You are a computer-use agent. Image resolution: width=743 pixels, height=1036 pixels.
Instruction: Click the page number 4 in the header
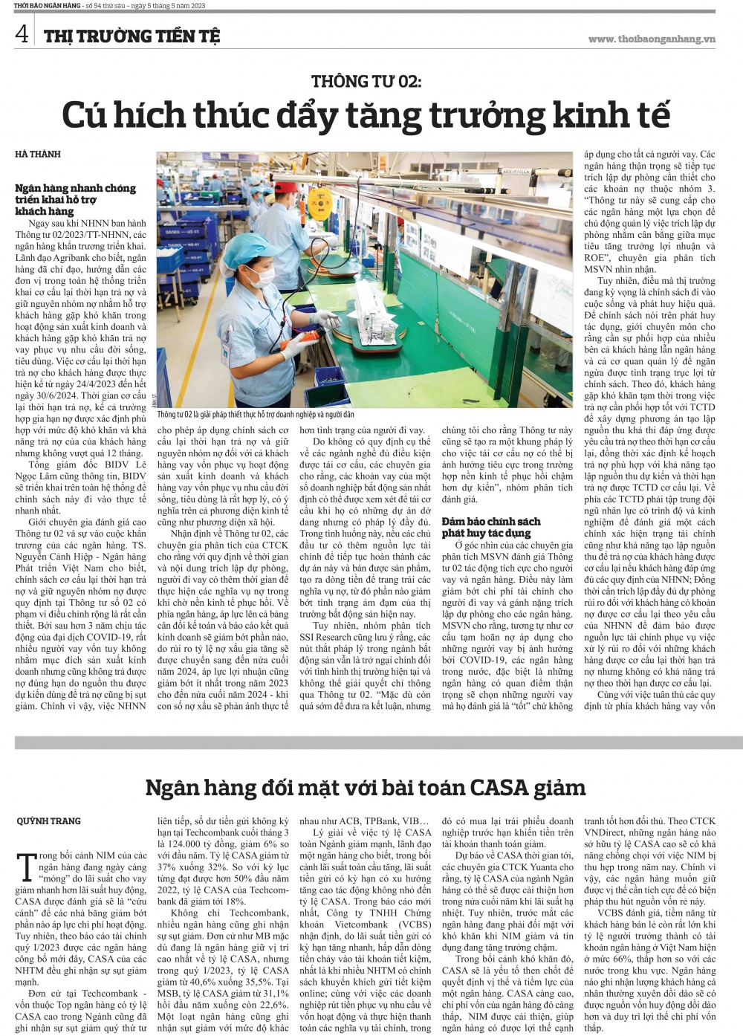22,34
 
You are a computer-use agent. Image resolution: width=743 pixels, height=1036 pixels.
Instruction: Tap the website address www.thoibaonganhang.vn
651,39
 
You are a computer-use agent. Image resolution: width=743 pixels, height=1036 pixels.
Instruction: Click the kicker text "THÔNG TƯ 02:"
366,81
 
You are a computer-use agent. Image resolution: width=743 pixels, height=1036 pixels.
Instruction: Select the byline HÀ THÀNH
38,154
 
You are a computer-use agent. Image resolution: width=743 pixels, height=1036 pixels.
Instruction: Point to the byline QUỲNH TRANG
48,820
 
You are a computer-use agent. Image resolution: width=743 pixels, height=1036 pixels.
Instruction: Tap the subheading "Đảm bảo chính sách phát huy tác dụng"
491,527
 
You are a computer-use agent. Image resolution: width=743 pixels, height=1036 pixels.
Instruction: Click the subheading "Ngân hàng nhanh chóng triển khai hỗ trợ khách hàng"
75,199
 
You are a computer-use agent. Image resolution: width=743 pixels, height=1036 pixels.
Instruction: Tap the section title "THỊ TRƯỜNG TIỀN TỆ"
132,36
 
